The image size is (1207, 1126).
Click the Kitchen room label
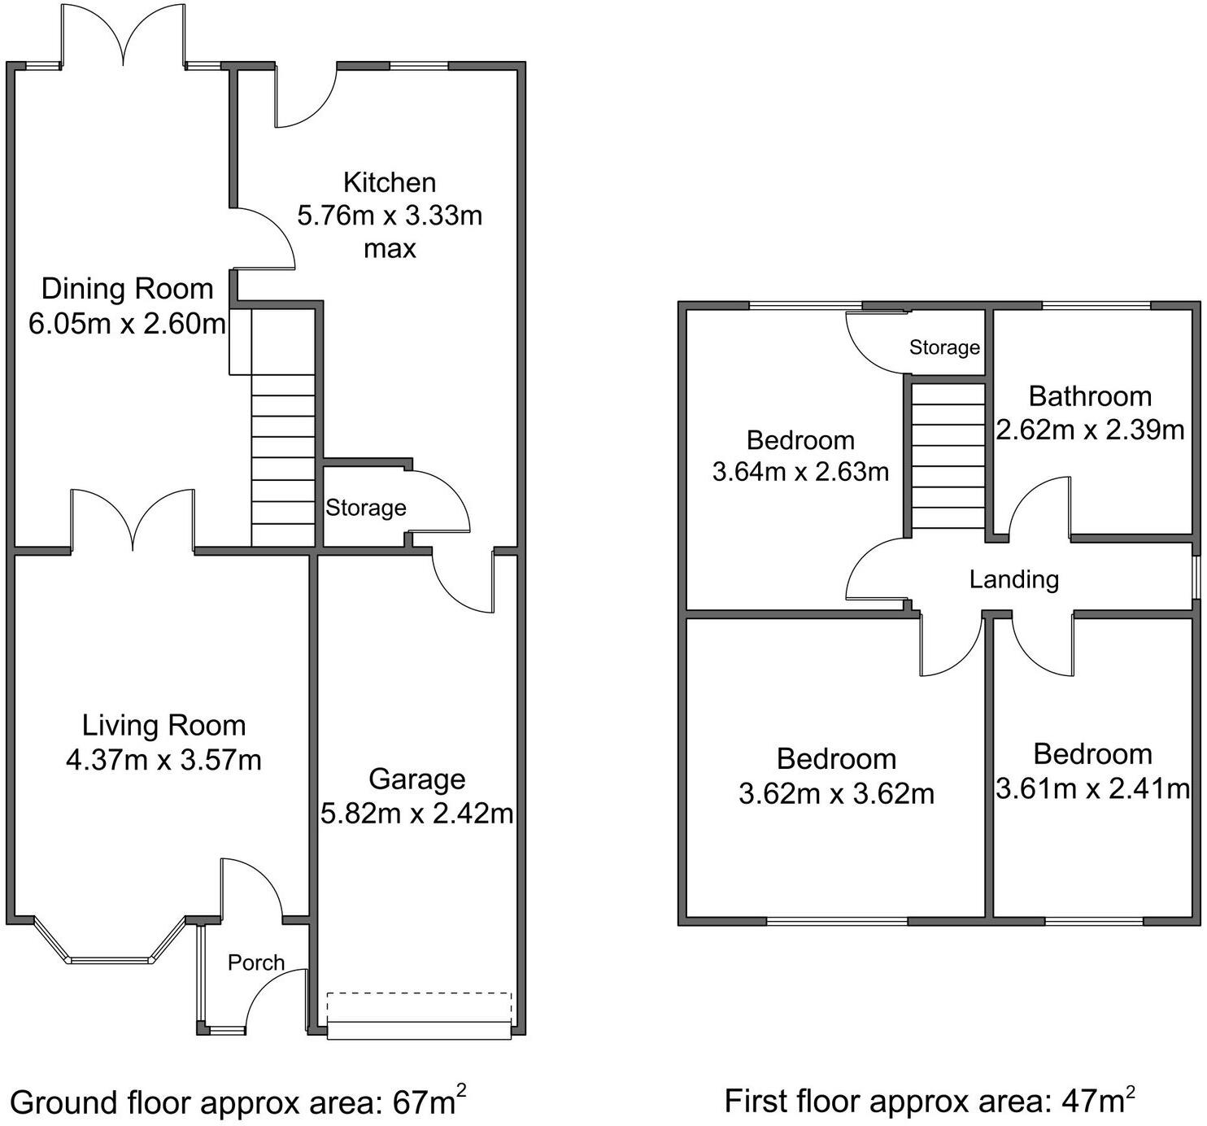390,182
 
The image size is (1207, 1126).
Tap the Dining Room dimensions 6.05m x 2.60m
127,324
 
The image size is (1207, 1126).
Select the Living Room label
163,725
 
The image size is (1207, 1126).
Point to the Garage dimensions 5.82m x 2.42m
416,813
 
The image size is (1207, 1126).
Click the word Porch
256,962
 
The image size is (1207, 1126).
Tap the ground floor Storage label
366,508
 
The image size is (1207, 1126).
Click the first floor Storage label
944,347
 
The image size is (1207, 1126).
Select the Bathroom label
1090,396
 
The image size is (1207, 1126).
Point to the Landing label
1013,579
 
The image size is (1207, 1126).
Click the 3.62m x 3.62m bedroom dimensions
836,793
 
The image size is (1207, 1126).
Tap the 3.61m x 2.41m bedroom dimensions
1092,788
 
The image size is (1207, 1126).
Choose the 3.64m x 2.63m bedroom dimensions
800,472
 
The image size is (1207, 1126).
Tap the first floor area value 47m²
1098,1101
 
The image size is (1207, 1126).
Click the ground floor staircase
283,456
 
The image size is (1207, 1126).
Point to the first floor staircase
948,456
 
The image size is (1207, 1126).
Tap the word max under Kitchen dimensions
390,248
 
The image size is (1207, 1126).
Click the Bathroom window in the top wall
1096,306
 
